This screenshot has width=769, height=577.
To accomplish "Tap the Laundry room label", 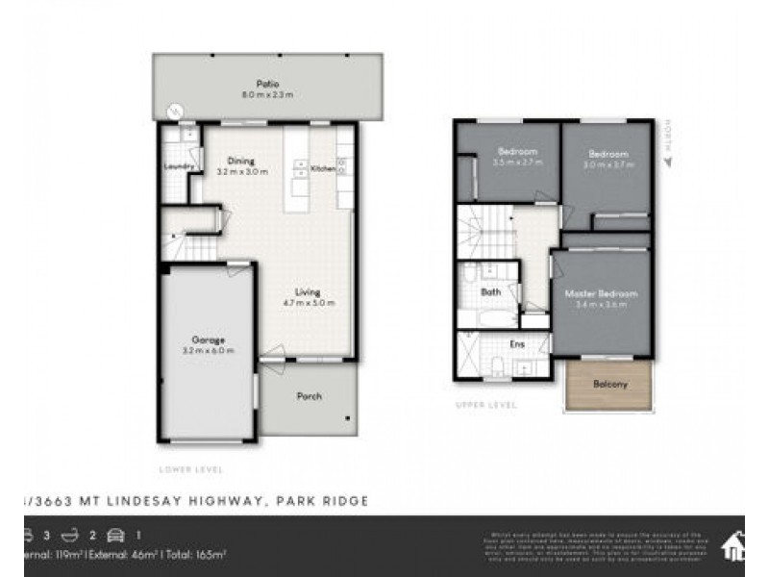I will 180,166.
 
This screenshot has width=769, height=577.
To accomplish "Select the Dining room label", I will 240,161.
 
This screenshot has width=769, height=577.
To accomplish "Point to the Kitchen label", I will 322,168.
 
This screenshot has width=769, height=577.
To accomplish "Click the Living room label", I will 308,291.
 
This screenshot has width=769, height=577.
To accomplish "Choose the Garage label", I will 208,339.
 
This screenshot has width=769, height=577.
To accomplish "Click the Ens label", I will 515,342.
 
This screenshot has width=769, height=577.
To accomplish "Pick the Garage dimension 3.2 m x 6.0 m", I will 208,351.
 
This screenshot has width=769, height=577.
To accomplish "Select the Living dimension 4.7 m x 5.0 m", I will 308,303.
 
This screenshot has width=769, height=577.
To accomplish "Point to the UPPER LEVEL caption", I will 485,405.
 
